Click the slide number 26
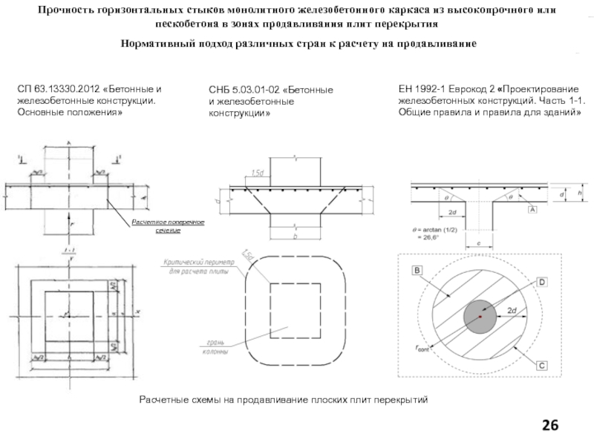click(550, 425)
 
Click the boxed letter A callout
click(532, 211)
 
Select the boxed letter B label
click(417, 271)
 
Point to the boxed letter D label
click(542, 283)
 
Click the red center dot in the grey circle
click(480, 317)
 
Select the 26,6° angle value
click(441, 240)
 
